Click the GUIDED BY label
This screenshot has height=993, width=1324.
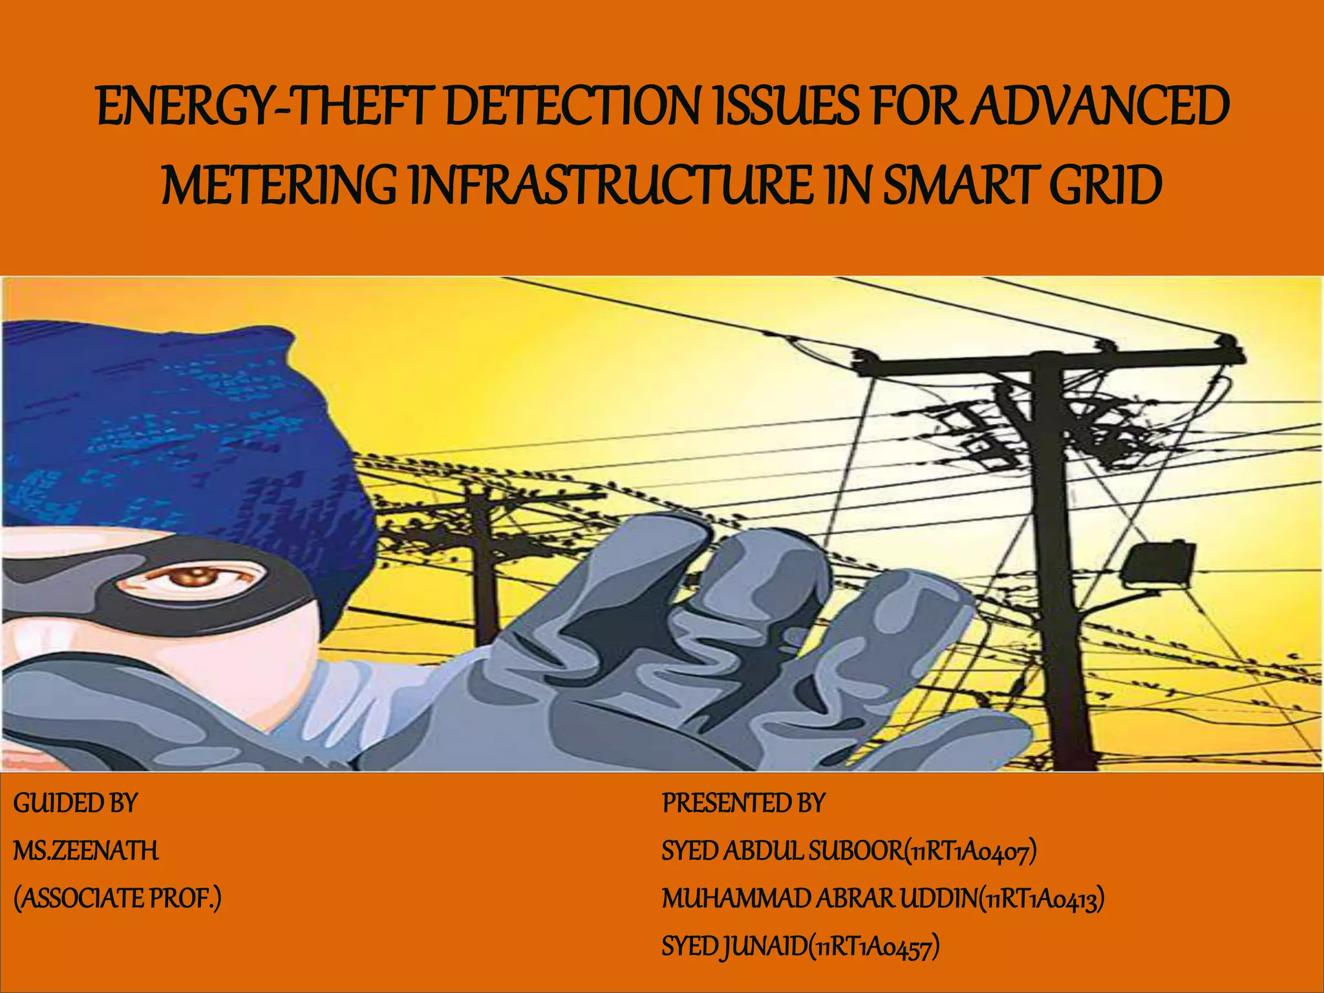click(76, 804)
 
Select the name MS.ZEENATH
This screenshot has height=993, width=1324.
click(86, 851)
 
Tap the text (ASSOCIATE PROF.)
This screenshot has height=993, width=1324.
click(117, 899)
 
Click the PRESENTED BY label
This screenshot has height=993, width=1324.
click(743, 804)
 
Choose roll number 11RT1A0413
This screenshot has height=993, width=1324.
click(1041, 899)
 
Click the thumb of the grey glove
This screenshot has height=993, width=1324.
click(937, 737)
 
